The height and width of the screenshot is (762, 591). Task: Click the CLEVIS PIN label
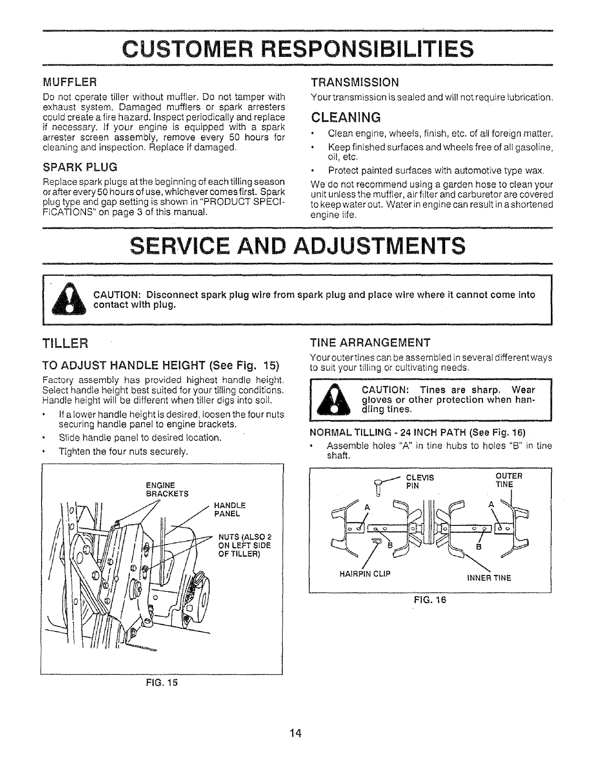[x=419, y=480]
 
